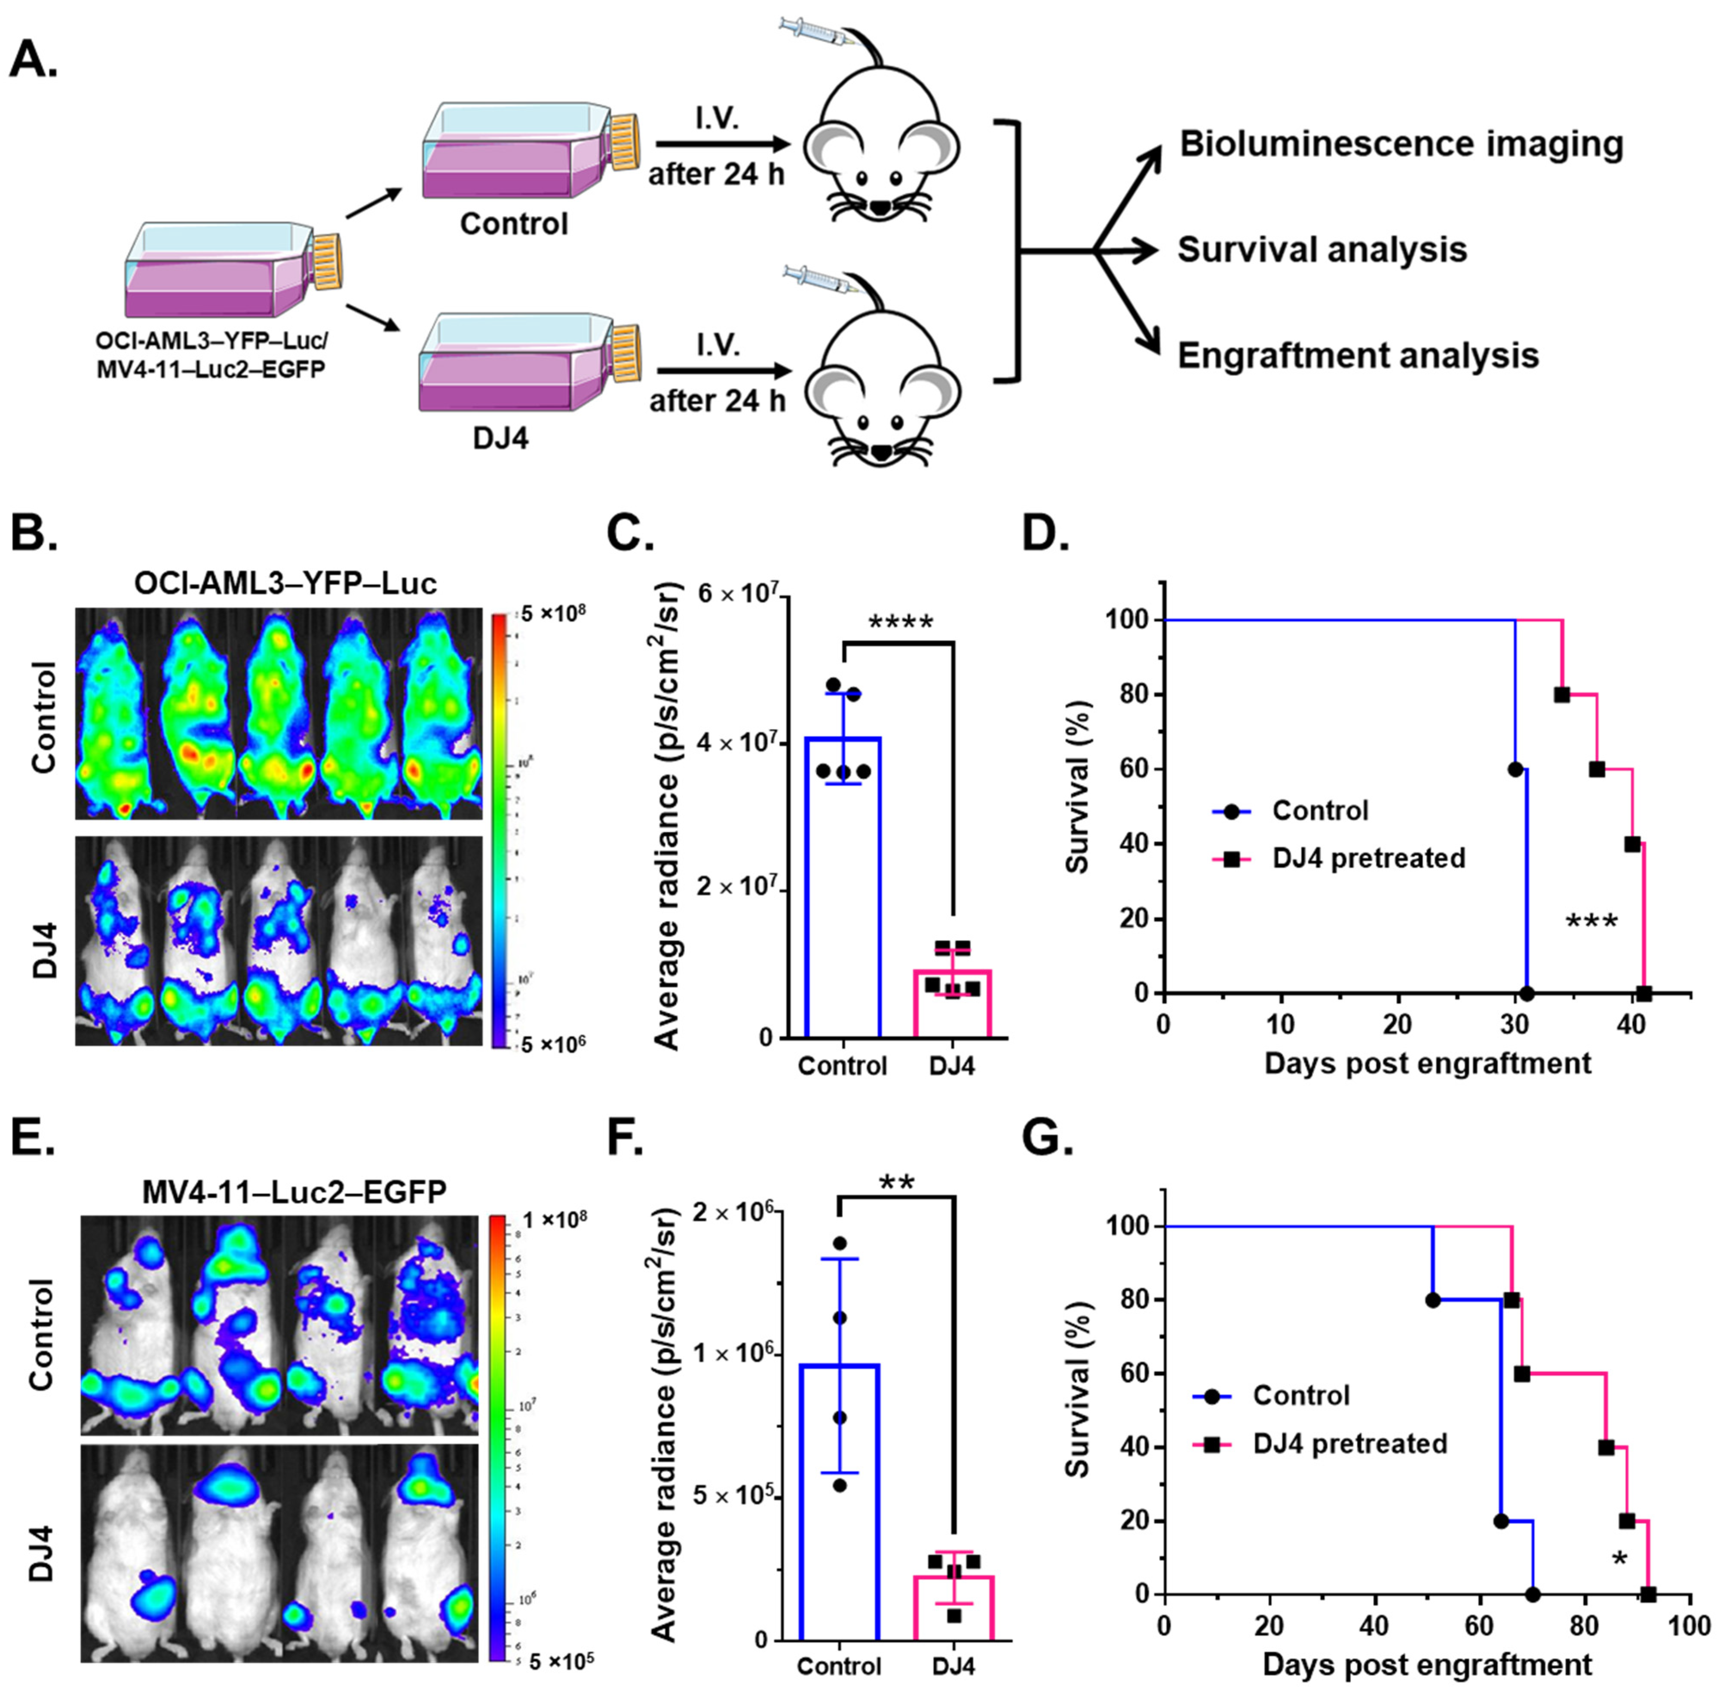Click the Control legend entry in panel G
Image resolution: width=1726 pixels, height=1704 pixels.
click(1300, 1395)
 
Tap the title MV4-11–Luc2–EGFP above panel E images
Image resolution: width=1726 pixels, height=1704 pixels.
click(294, 1191)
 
